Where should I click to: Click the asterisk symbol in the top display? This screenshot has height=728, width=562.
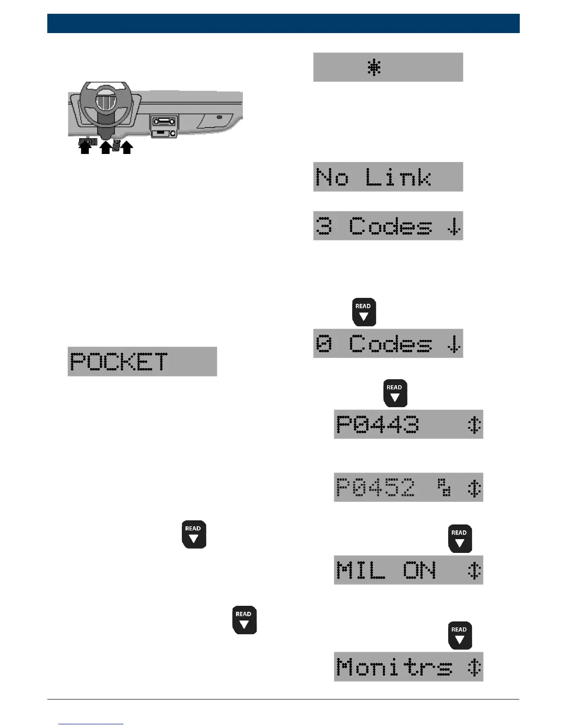[374, 68]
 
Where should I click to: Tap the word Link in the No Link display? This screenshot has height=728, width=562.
[398, 177]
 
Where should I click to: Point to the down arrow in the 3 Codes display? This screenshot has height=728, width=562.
[454, 226]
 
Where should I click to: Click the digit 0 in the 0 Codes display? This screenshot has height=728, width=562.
[324, 343]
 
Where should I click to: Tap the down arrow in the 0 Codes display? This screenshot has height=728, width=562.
[454, 344]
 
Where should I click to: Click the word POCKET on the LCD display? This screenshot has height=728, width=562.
[119, 362]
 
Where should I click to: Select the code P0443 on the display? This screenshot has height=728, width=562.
[377, 424]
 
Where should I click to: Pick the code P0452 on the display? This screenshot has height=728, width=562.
[376, 487]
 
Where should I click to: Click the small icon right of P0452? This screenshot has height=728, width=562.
[444, 487]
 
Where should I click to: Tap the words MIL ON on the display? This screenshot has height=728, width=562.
[386, 570]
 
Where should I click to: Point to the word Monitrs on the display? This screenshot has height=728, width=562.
[394, 667]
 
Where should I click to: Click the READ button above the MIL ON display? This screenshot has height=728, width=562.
[460, 538]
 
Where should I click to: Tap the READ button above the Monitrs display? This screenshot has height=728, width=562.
[460, 635]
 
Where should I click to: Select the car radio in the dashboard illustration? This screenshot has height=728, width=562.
[164, 122]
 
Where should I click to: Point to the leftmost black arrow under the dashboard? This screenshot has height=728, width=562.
[85, 148]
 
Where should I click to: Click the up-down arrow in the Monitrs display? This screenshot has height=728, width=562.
[474, 667]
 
